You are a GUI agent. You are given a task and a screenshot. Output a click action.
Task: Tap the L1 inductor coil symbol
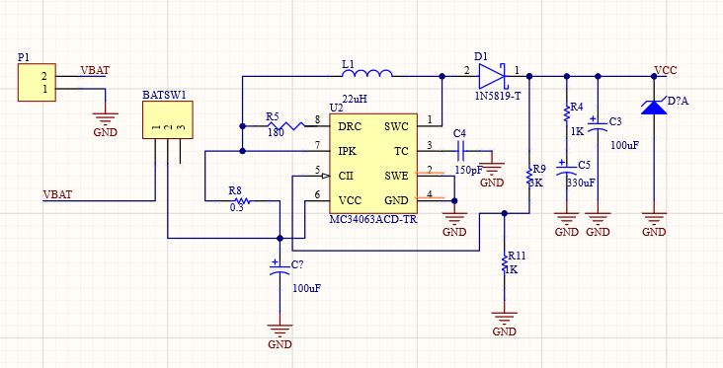[366, 74]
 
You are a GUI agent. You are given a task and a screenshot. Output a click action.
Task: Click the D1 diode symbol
[492, 74]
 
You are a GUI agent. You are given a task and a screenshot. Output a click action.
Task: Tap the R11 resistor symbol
[505, 263]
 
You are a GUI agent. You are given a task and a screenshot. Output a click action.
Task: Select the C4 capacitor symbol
[460, 150]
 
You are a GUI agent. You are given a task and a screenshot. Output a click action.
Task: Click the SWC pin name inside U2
[396, 127]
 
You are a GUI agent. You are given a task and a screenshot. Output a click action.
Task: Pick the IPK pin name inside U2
[347, 151]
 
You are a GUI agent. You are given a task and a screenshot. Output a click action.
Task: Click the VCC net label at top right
[665, 70]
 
